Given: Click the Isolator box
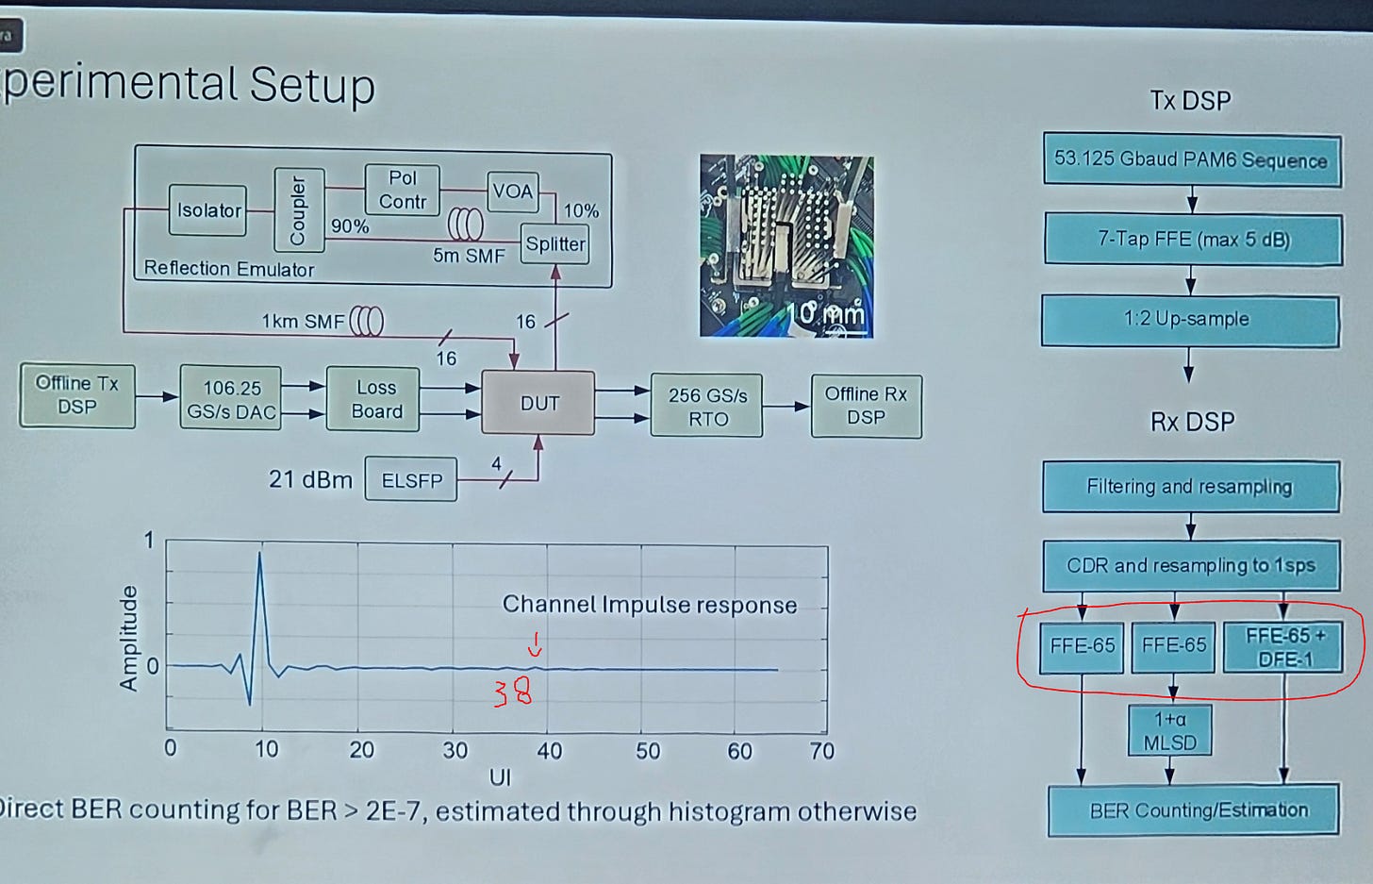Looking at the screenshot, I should [208, 210].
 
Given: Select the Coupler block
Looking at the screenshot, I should [299, 209].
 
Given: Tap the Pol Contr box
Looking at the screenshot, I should [403, 189].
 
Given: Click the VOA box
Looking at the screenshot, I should [512, 192].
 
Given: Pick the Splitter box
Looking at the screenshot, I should [555, 244].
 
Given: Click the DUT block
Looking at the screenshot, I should [538, 403].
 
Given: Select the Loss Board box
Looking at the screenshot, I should [376, 399].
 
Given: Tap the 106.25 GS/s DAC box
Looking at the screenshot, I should [231, 399].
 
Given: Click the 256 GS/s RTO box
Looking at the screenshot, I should [707, 407].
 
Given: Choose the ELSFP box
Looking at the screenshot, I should [411, 480].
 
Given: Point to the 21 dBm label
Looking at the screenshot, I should [310, 479].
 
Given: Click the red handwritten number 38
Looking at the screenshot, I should [513, 693].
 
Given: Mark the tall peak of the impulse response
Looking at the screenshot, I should [259, 557].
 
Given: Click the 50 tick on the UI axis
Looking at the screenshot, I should [648, 751].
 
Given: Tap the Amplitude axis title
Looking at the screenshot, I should [128, 638].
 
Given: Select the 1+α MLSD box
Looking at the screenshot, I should [1169, 731].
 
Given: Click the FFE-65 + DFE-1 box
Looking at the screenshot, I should [1283, 647].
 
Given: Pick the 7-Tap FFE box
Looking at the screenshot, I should [1192, 240].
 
